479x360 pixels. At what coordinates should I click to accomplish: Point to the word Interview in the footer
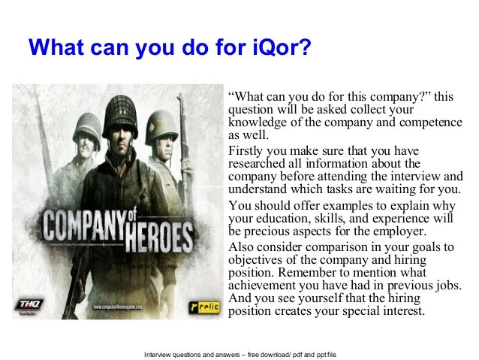click(161, 350)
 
